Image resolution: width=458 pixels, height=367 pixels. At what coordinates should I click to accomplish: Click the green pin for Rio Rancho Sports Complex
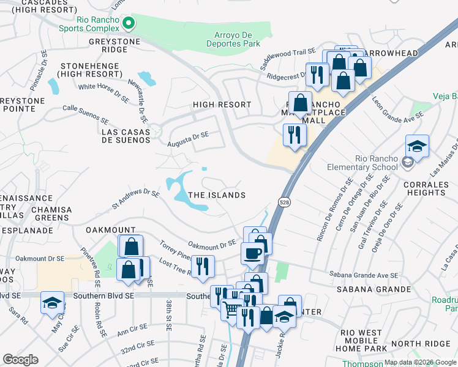coord(129,24)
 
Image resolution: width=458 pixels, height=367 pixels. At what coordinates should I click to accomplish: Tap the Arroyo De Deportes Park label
coord(237,39)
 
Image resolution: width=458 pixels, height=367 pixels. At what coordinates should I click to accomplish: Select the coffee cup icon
coord(252,253)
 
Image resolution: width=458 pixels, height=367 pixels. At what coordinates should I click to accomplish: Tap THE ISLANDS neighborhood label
coord(217,195)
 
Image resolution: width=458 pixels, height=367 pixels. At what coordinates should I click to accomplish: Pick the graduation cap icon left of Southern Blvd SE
coord(52,302)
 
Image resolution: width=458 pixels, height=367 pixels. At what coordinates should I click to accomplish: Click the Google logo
coord(20,360)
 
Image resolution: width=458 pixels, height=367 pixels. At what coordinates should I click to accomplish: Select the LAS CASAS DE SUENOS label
coord(126,136)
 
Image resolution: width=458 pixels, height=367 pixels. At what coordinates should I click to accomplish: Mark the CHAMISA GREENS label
coord(48,214)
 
